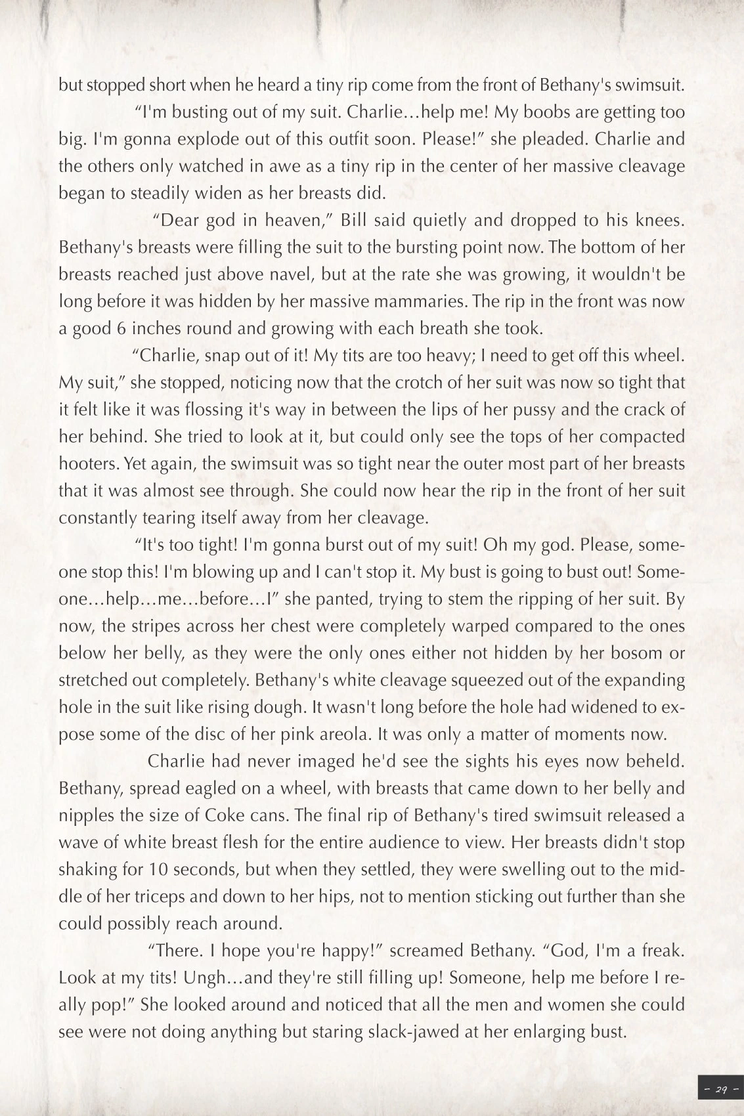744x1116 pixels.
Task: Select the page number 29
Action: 721,1090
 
